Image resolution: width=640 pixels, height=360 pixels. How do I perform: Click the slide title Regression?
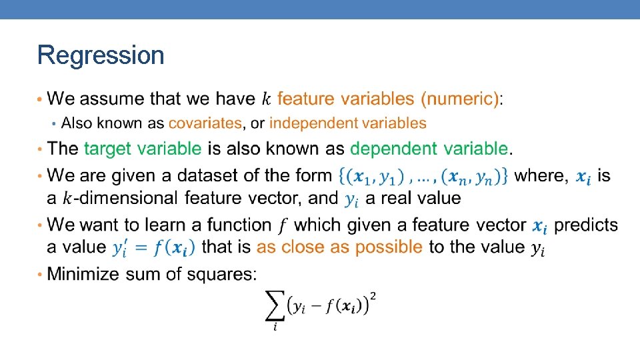[x=101, y=55]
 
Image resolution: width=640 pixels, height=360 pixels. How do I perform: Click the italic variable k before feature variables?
[x=266, y=100]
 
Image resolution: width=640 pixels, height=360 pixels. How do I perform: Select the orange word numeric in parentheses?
[x=459, y=99]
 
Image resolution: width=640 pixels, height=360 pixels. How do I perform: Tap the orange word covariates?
[x=205, y=123]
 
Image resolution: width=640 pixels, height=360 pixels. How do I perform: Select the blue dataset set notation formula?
[x=424, y=177]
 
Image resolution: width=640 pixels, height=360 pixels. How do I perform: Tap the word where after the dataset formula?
[x=542, y=176]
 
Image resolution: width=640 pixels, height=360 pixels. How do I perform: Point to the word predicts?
[x=586, y=225]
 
